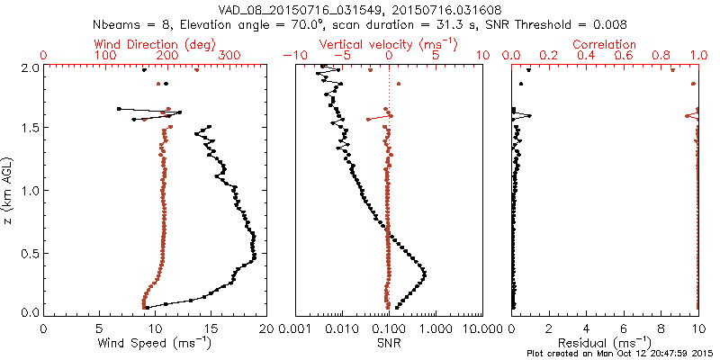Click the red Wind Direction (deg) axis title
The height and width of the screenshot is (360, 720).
pos(154,44)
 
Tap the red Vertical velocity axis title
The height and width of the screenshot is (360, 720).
pos(389,44)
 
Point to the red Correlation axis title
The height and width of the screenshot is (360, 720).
pos(605,44)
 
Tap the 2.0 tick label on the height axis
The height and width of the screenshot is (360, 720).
pos(29,67)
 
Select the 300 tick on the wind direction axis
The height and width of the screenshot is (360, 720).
pos(229,56)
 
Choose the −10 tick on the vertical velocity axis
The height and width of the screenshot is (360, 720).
pos(293,56)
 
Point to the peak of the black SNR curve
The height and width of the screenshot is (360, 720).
pos(424,273)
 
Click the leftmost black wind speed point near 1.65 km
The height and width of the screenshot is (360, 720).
pos(119,109)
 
